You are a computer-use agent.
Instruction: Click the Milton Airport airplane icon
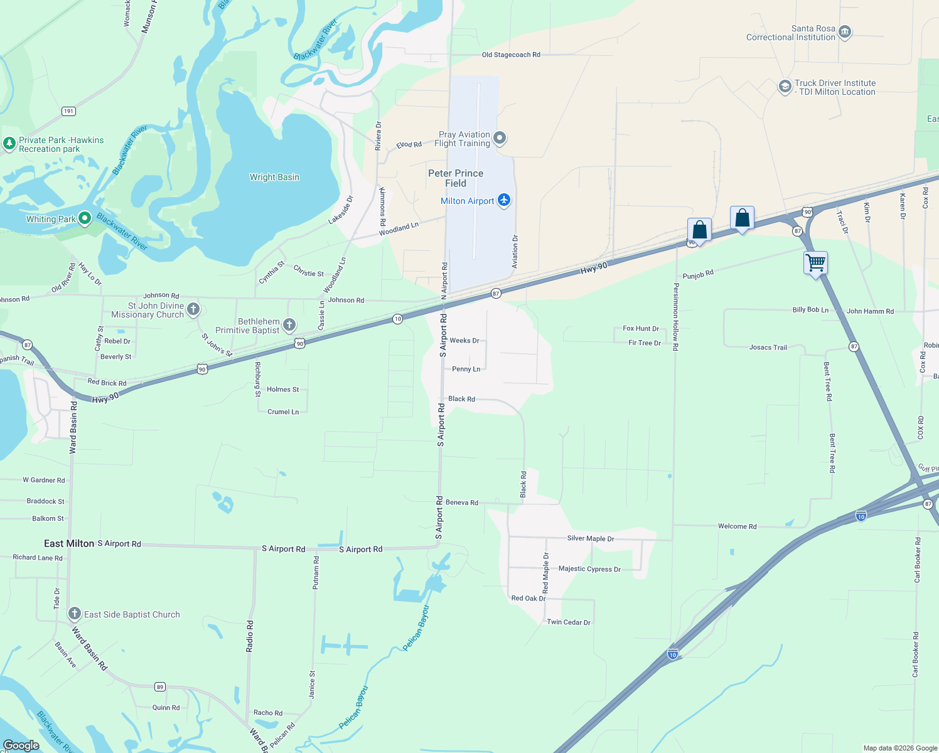(503, 200)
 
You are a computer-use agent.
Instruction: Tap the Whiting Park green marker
(85, 218)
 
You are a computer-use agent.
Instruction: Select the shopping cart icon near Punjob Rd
(815, 263)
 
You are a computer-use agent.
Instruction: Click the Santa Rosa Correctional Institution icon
(845, 32)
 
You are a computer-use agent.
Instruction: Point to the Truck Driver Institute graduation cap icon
(785, 87)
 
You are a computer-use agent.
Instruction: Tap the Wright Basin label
(274, 177)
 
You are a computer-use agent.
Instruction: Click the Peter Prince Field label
(456, 178)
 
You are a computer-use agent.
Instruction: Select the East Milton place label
(69, 543)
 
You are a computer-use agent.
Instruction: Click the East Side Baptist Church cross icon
(75, 614)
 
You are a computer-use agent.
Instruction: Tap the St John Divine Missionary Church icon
(193, 309)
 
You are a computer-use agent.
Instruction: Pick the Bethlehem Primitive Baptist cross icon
(289, 324)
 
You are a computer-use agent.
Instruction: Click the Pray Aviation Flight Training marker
(500, 138)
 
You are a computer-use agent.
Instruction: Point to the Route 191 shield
(68, 111)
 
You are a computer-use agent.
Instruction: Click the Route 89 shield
(160, 687)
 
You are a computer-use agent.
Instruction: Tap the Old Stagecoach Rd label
(511, 55)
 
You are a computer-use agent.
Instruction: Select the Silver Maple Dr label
(591, 538)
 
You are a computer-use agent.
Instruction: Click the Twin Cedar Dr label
(569, 622)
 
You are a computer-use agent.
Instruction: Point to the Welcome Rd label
(737, 526)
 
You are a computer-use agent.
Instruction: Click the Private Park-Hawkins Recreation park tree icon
(9, 144)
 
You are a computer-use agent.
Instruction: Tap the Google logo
(21, 745)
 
